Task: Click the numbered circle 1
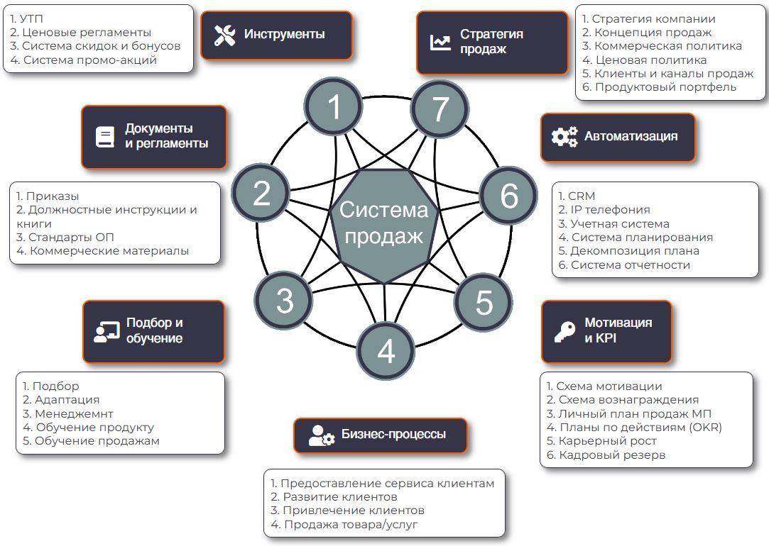click(x=334, y=107)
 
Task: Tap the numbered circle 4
click(x=386, y=350)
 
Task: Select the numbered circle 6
click(x=508, y=196)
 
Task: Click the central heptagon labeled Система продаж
click(x=383, y=224)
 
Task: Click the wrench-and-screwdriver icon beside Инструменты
click(x=224, y=35)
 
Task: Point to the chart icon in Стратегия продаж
click(x=440, y=42)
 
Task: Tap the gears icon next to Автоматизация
click(x=565, y=137)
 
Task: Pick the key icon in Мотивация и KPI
click(x=565, y=331)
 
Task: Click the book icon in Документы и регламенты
click(x=105, y=137)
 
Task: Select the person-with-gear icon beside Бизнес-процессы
click(x=321, y=435)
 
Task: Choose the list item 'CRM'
click(x=577, y=196)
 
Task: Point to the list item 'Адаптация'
click(x=61, y=400)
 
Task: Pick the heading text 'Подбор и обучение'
click(x=155, y=330)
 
